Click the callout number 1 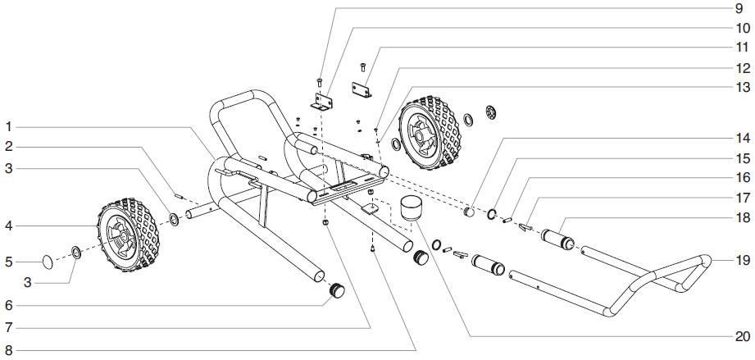(x=7, y=127)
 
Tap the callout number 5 (x=7, y=262)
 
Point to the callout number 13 (x=738, y=87)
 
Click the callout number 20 (x=738, y=336)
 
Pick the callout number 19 (x=738, y=261)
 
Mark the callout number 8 (x=7, y=351)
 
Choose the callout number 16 (x=738, y=177)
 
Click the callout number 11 (x=738, y=48)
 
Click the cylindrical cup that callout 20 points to (x=407, y=207)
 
